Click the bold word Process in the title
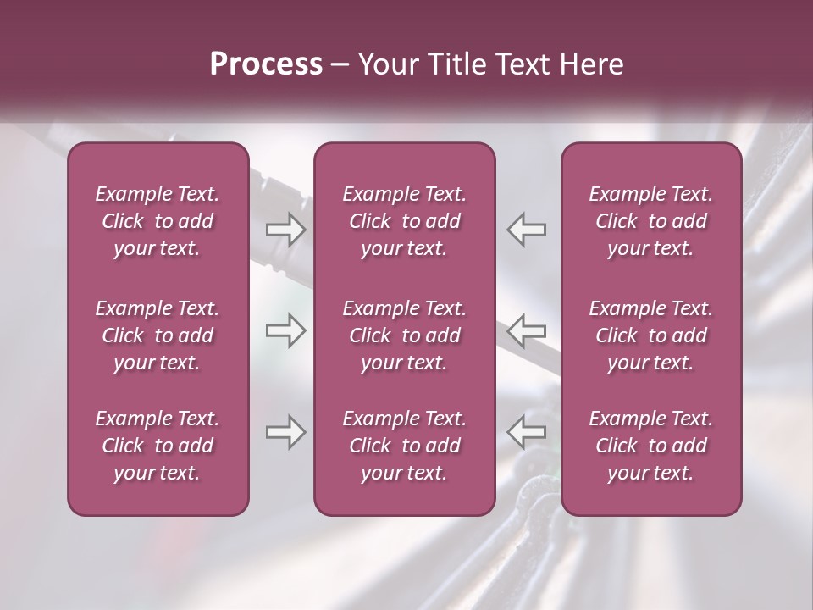click(x=266, y=64)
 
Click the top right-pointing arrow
click(x=285, y=229)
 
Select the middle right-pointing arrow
click(x=285, y=330)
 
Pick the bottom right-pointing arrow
click(x=285, y=432)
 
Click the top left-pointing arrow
click(x=527, y=229)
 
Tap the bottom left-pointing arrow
click(x=527, y=432)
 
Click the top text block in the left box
click(x=158, y=221)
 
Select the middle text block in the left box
click(x=158, y=335)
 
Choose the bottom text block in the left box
click(x=158, y=446)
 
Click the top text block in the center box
click(x=404, y=221)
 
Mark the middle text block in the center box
click(x=404, y=335)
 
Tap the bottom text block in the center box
click(x=404, y=446)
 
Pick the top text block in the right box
click(x=650, y=221)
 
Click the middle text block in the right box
click(x=650, y=335)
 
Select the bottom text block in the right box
click(x=650, y=446)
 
